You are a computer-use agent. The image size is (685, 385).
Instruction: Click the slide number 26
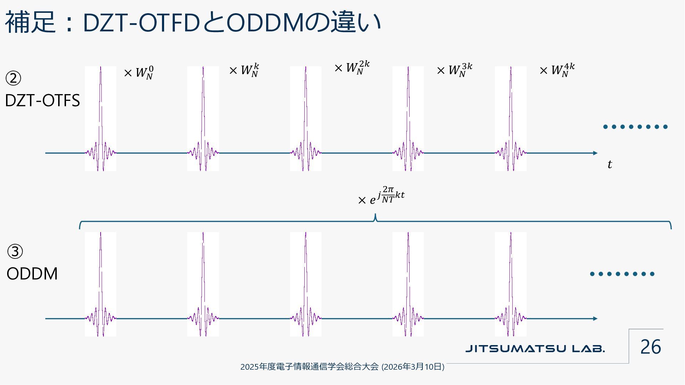coord(650,347)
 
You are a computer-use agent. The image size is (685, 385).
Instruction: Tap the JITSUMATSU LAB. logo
coord(535,348)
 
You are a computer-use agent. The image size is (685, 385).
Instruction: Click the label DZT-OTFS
coord(42,101)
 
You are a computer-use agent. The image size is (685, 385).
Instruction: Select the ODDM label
coord(32,274)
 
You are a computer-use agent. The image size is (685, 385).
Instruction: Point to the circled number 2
coord(14,78)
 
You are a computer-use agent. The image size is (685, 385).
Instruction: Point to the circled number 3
coord(15,252)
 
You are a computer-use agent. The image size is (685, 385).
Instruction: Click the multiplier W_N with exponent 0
coord(139,73)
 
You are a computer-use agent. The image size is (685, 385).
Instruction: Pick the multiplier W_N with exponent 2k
coord(352,67)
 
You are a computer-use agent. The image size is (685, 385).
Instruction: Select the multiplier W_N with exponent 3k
coord(455,70)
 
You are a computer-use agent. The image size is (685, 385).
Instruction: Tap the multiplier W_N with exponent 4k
coord(557,70)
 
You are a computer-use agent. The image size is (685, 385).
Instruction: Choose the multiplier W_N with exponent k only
coord(244,70)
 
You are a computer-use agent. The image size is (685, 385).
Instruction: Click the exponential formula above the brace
coord(381,196)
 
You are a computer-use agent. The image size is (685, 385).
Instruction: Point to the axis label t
coord(610,164)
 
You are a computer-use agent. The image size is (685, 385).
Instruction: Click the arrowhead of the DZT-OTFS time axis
coord(595,153)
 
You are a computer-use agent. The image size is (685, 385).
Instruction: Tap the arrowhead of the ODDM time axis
coord(595,319)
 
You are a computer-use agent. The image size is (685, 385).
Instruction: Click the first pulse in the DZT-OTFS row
coord(101,119)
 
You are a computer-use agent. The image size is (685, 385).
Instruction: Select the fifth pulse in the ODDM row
coord(511,284)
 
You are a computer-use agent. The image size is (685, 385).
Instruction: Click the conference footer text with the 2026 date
coord(342,366)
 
